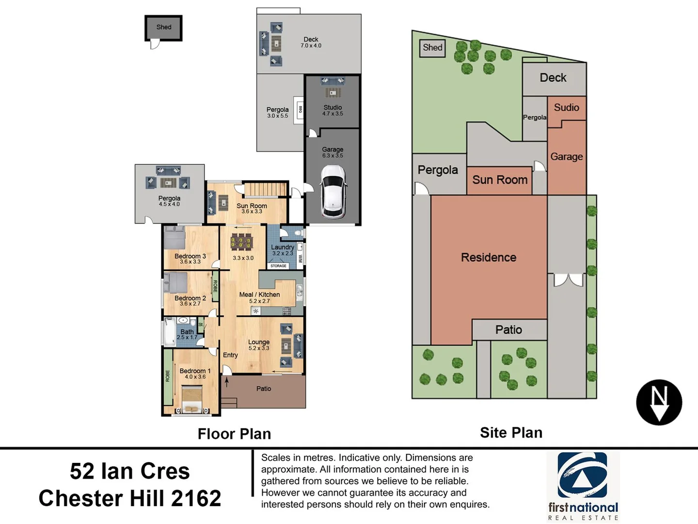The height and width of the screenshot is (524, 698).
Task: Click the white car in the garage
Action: click(x=333, y=192)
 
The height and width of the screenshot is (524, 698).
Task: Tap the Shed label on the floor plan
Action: click(x=164, y=27)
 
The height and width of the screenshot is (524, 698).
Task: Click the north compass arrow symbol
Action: click(x=659, y=402)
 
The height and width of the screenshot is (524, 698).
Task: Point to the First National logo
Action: click(x=583, y=485)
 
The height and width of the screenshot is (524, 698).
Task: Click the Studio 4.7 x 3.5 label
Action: click(x=333, y=110)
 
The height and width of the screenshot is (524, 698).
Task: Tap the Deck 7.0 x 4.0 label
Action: click(x=311, y=42)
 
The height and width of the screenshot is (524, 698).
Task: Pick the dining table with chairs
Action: click(x=241, y=241)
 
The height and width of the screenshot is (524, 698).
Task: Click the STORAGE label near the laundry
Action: click(x=278, y=266)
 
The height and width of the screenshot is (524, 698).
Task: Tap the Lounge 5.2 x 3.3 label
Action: click(x=259, y=344)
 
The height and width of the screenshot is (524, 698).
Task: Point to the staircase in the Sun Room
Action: click(x=265, y=189)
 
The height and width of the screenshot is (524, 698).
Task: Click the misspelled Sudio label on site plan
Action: click(x=566, y=107)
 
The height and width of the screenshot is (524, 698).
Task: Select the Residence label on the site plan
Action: click(x=488, y=257)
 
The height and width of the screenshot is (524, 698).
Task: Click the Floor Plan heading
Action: click(x=234, y=433)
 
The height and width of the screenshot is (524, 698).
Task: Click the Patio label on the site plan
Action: click(x=508, y=330)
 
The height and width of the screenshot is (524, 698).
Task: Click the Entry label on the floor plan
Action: click(x=230, y=355)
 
